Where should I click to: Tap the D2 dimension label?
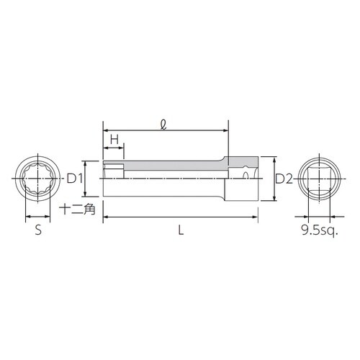(x=284, y=179)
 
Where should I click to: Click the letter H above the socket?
(x=114, y=138)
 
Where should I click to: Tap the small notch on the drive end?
(x=247, y=174)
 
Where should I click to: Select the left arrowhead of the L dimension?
(x=106, y=216)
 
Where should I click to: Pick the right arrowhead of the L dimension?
(x=256, y=216)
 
